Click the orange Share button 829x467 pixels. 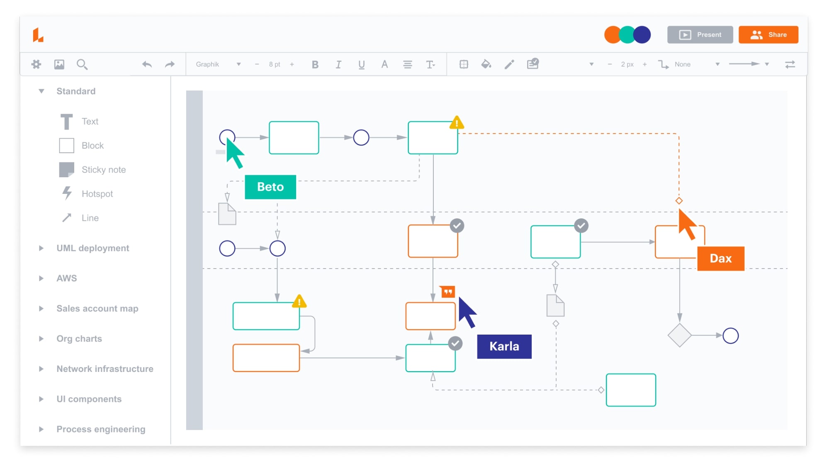click(x=768, y=35)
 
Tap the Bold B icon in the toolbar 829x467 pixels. click(x=315, y=64)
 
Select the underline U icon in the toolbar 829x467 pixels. click(x=361, y=64)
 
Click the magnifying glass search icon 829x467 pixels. click(x=82, y=64)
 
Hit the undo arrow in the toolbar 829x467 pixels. click(x=147, y=64)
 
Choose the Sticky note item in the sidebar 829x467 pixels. click(x=103, y=169)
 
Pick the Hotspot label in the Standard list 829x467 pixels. click(x=97, y=194)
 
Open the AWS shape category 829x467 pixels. click(x=66, y=278)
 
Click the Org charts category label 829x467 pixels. click(x=79, y=339)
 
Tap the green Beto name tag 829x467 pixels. click(x=270, y=187)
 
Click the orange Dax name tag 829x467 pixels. click(x=720, y=259)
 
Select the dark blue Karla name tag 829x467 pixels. click(x=504, y=346)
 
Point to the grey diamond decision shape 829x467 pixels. click(x=679, y=335)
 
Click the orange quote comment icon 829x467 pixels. click(x=447, y=292)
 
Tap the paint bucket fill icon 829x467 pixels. click(x=486, y=64)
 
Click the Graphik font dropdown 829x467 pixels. click(x=218, y=64)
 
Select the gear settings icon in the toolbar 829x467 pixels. click(x=36, y=64)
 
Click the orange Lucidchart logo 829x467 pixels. click(x=38, y=35)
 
